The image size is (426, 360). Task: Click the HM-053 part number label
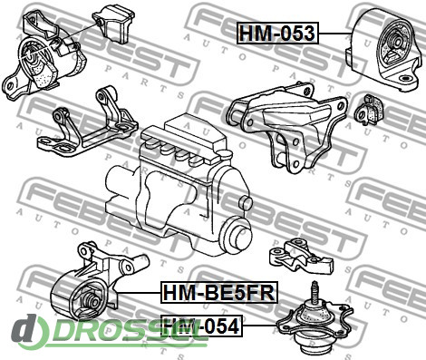click(x=277, y=34)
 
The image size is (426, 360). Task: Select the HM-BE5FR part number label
click(x=219, y=292)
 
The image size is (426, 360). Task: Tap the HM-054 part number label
click(x=201, y=326)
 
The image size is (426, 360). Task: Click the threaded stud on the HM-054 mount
click(x=315, y=291)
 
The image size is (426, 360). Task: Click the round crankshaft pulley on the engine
click(x=238, y=235)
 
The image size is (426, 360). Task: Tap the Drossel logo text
click(x=111, y=332)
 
